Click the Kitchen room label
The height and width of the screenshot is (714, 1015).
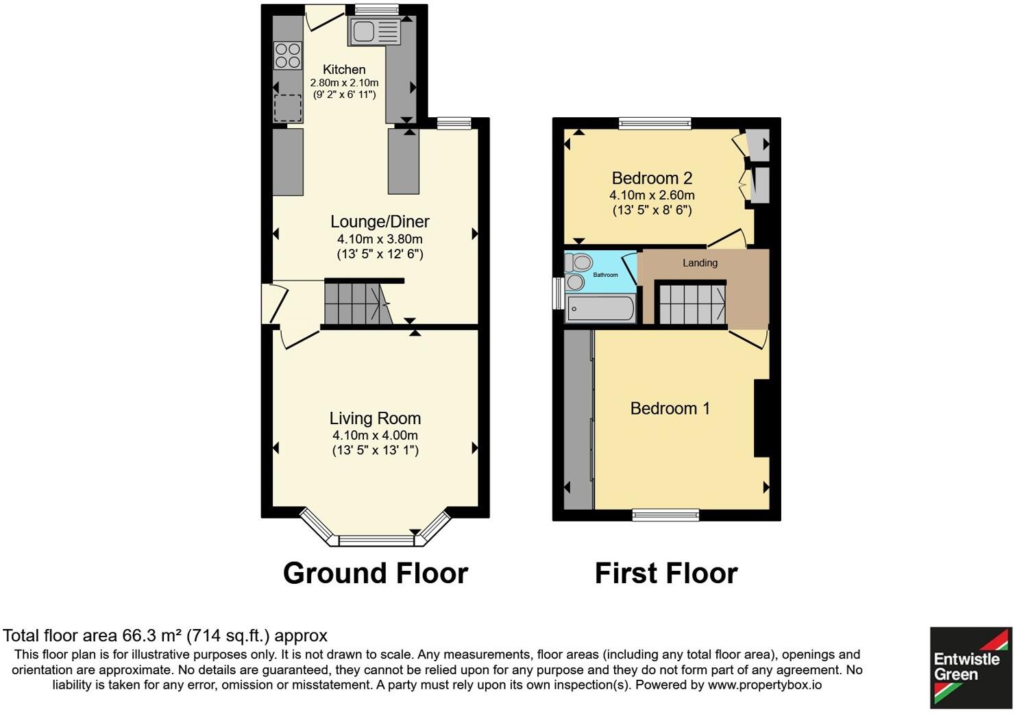[x=344, y=69]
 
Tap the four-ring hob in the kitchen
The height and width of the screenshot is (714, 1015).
[x=288, y=56]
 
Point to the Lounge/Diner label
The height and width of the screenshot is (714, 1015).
[x=380, y=221]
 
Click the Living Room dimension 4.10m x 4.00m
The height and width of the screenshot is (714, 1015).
[x=375, y=435]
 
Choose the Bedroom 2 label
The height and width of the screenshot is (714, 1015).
[x=652, y=178]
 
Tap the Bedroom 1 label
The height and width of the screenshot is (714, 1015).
[x=670, y=408]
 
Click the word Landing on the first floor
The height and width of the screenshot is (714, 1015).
[x=700, y=263]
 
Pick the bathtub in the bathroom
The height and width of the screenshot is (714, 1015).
[x=601, y=309]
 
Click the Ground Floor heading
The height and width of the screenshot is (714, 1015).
[x=376, y=574]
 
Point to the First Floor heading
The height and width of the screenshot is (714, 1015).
[x=666, y=574]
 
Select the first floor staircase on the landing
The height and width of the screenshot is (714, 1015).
[x=692, y=304]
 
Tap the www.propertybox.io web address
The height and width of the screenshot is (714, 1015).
[x=765, y=685]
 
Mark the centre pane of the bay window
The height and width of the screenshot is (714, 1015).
[x=376, y=541]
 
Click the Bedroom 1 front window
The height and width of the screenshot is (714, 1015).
[x=666, y=515]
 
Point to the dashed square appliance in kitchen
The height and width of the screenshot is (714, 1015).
[x=288, y=108]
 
